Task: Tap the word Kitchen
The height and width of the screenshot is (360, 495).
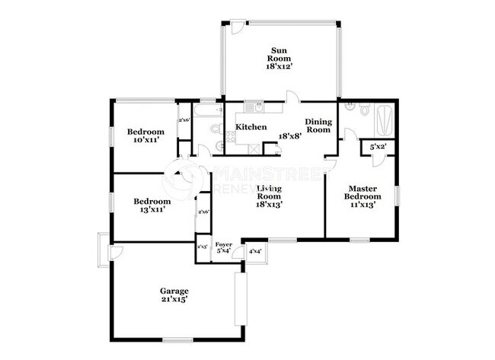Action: (251, 127)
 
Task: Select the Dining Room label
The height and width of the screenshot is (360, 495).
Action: (318, 126)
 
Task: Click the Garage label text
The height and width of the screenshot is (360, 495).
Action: (174, 292)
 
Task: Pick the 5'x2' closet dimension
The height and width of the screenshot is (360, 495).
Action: (378, 147)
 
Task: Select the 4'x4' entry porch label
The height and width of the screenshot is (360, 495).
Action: (255, 250)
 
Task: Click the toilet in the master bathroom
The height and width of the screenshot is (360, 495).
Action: (363, 110)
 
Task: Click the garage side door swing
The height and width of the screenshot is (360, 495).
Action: (117, 251)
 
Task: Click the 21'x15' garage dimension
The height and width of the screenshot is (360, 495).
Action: (174, 300)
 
